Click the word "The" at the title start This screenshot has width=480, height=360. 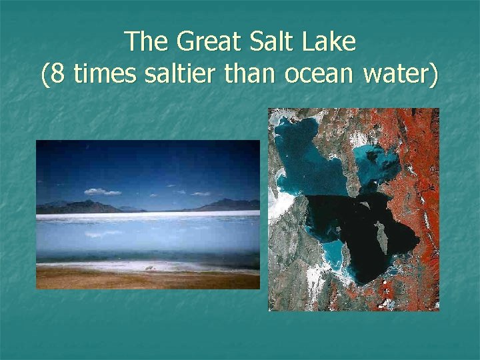click(147, 41)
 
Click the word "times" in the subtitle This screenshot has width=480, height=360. click(103, 75)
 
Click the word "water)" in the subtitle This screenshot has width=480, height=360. click(400, 75)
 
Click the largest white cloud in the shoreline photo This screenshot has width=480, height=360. click(102, 192)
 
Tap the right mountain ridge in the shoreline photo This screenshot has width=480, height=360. click(230, 204)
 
